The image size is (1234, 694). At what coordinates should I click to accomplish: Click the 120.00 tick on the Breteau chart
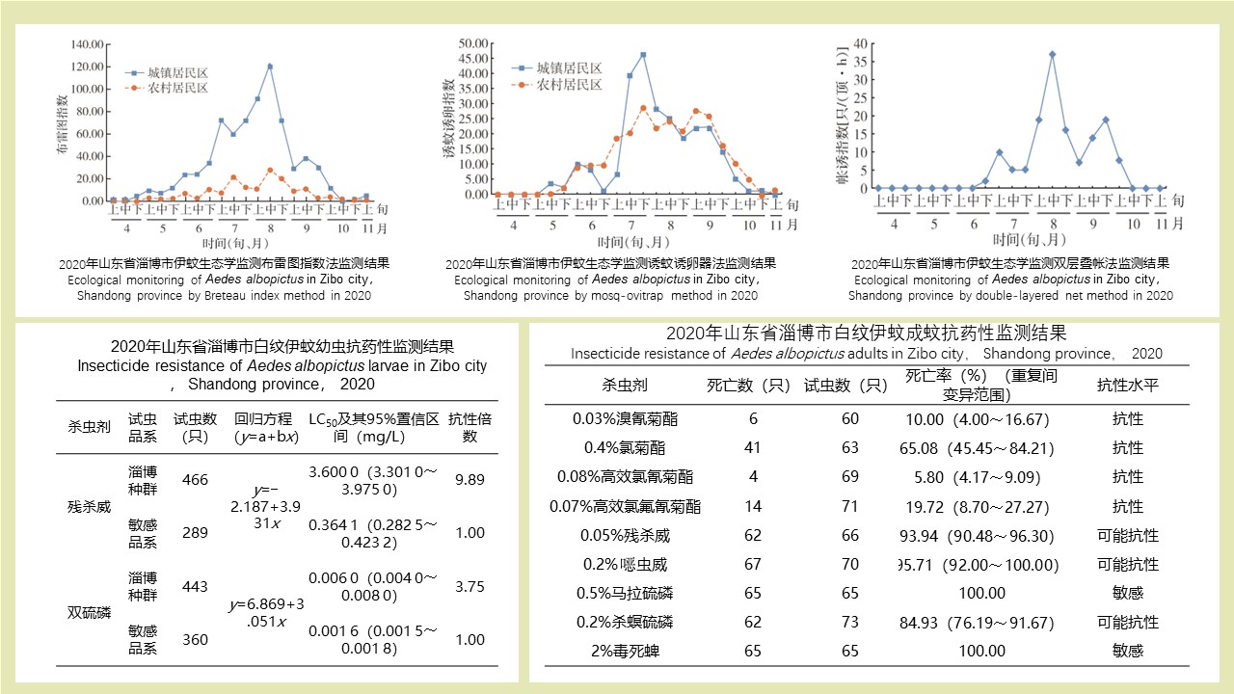pos(88,67)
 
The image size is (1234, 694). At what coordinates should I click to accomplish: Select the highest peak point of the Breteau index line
pos(270,67)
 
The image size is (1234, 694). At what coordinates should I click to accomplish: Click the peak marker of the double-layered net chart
pos(1052,54)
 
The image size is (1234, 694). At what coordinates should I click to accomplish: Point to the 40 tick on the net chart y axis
pos(860,43)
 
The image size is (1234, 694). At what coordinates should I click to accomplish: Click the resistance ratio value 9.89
pos(469,479)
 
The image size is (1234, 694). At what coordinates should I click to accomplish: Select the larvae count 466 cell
pos(195,480)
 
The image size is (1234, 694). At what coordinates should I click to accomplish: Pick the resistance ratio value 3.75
pos(469,586)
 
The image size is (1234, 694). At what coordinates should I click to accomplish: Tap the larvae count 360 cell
pos(195,640)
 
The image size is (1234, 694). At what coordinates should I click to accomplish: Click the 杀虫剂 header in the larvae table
pos(83,427)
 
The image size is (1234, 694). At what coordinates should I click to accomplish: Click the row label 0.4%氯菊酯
pos(625,448)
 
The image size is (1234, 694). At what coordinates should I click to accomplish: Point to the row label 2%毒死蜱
pos(625,651)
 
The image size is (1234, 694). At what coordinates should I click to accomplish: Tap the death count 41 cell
pos(753,448)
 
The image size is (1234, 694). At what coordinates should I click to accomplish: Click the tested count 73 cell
pos(849,623)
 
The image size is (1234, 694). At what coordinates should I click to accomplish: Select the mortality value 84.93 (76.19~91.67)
pos(977,623)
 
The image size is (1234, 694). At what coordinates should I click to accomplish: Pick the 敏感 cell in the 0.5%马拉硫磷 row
pos(1127,594)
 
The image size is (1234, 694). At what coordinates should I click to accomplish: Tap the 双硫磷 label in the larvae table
pos(89,613)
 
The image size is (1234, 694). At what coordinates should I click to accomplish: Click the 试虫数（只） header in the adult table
pos(845,386)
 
